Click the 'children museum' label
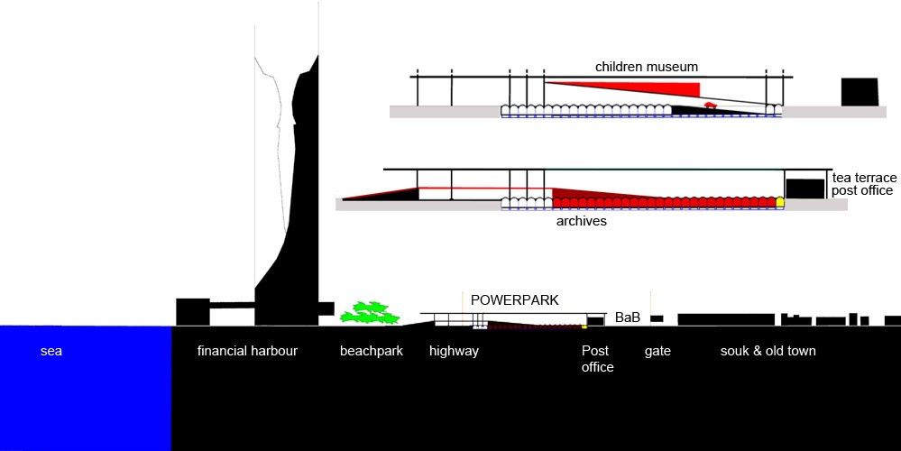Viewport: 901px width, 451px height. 646,67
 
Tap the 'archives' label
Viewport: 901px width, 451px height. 581,221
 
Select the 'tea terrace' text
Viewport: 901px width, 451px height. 863,178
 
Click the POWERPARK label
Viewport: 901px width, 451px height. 515,299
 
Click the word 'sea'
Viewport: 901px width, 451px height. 51,351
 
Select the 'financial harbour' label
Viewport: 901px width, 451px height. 247,351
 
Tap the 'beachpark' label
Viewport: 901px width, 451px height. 371,351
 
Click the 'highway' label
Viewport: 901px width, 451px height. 454,351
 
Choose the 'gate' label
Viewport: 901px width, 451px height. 657,351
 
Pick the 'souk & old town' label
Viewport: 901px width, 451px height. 768,351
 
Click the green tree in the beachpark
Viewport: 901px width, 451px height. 369,313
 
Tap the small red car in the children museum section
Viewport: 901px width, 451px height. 711,106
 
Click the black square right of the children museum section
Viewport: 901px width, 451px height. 860,93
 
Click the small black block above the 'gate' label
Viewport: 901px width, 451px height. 657,318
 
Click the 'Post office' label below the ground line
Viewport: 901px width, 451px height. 597,359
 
